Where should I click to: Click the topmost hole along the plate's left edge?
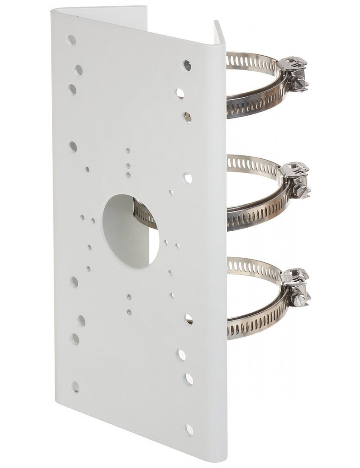tap(71, 39)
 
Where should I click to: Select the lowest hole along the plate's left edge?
tap(75, 386)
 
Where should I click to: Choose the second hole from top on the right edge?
tap(180, 92)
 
